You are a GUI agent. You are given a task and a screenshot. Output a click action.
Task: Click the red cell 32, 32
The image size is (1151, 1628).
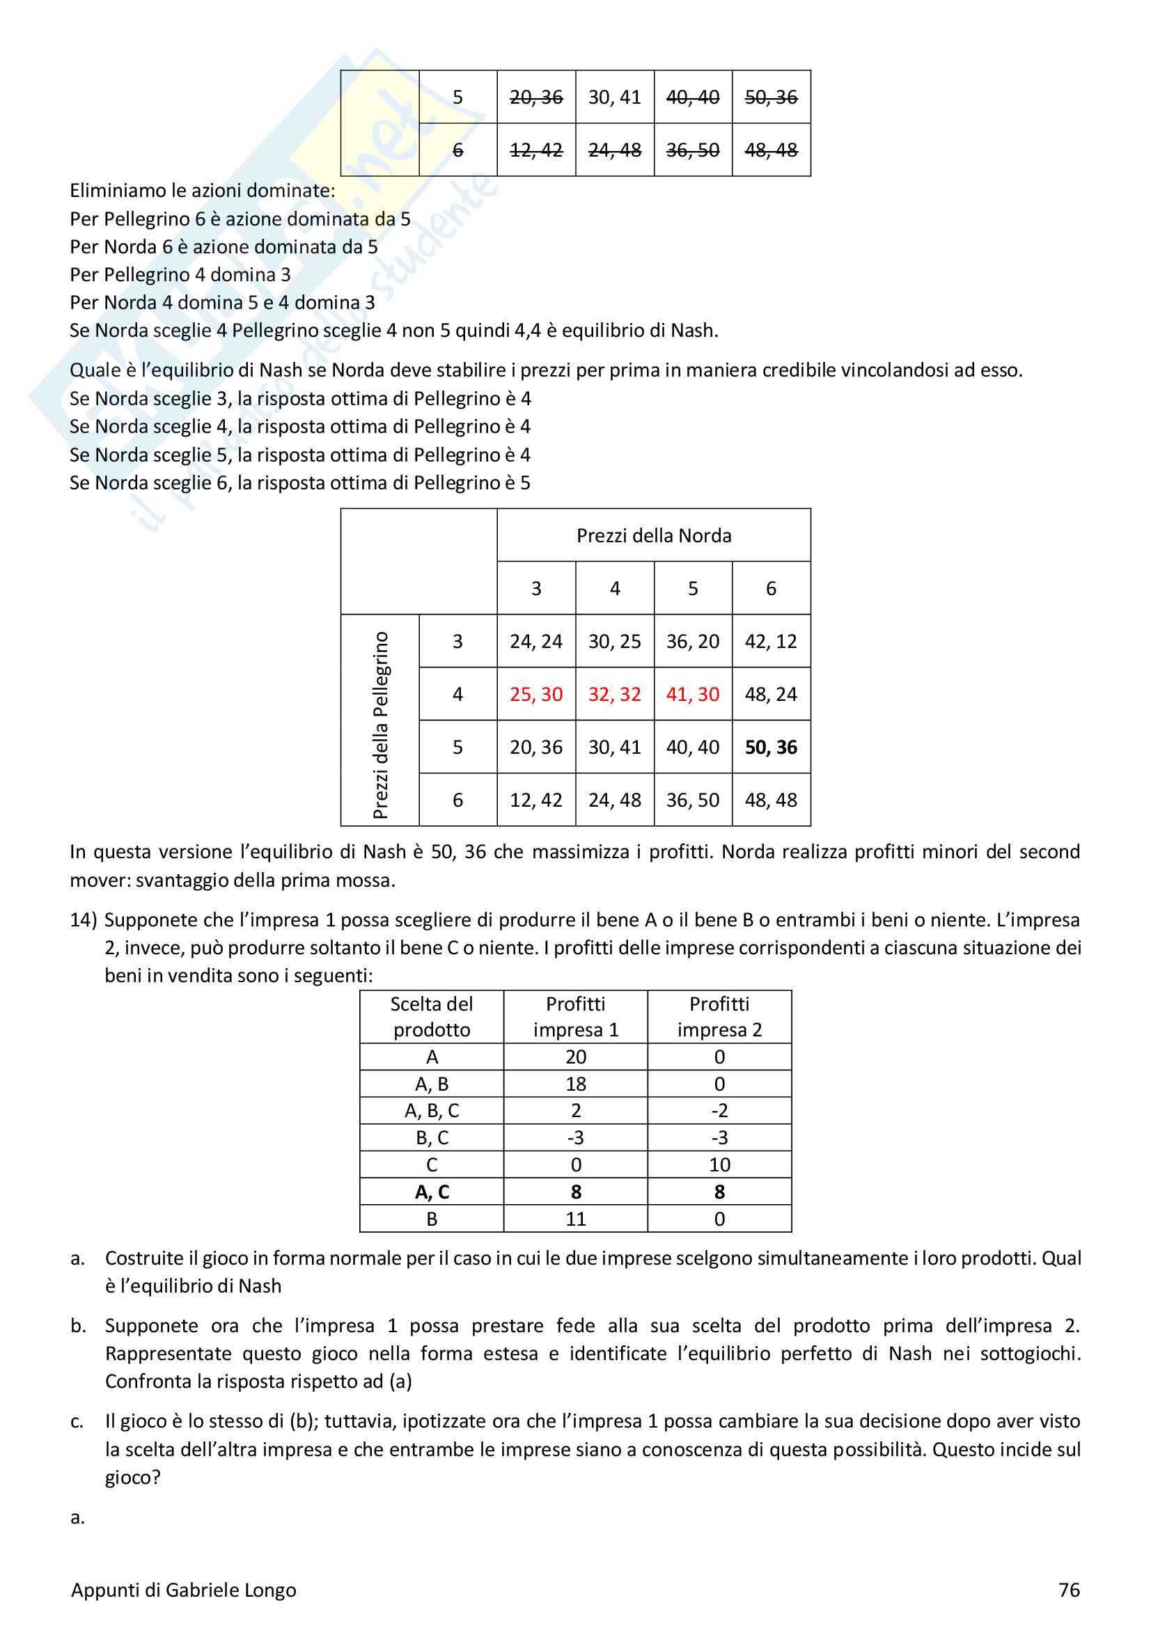(614, 694)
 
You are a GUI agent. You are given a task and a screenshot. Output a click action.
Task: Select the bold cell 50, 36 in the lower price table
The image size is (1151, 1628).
(771, 748)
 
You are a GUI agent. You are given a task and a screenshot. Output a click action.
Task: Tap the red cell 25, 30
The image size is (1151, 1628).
(536, 694)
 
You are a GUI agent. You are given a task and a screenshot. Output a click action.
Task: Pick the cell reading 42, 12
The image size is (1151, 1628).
(771, 642)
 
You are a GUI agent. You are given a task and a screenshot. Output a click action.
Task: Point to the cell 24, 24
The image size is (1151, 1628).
(536, 642)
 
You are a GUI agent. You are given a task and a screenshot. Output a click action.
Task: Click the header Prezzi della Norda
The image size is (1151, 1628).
(654, 535)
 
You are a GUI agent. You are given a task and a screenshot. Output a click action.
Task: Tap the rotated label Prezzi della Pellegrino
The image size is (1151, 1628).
(381, 725)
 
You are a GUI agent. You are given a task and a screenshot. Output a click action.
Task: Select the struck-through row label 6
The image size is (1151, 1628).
(458, 150)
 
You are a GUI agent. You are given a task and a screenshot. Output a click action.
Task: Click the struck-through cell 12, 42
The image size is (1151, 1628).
(536, 150)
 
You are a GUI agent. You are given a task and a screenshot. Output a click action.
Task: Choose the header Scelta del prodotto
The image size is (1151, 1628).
(432, 1017)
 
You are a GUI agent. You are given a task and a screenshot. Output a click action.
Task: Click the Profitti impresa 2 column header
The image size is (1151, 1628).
(719, 1017)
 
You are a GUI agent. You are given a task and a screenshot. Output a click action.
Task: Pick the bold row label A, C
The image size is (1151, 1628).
(432, 1192)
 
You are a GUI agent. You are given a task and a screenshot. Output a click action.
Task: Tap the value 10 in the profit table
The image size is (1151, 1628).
(719, 1165)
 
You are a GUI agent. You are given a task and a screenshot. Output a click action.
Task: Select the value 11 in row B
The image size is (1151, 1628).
(576, 1219)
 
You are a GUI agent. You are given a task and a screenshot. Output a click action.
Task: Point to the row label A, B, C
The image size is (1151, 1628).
(432, 1111)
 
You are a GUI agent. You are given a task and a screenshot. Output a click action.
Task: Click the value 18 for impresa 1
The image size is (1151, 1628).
(576, 1084)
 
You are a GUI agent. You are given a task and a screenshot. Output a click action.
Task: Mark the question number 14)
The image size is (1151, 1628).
(83, 920)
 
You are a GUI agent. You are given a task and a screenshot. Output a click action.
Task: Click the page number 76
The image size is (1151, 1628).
(1069, 1590)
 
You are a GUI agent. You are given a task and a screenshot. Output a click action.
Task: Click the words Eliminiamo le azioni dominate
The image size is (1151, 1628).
(202, 191)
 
